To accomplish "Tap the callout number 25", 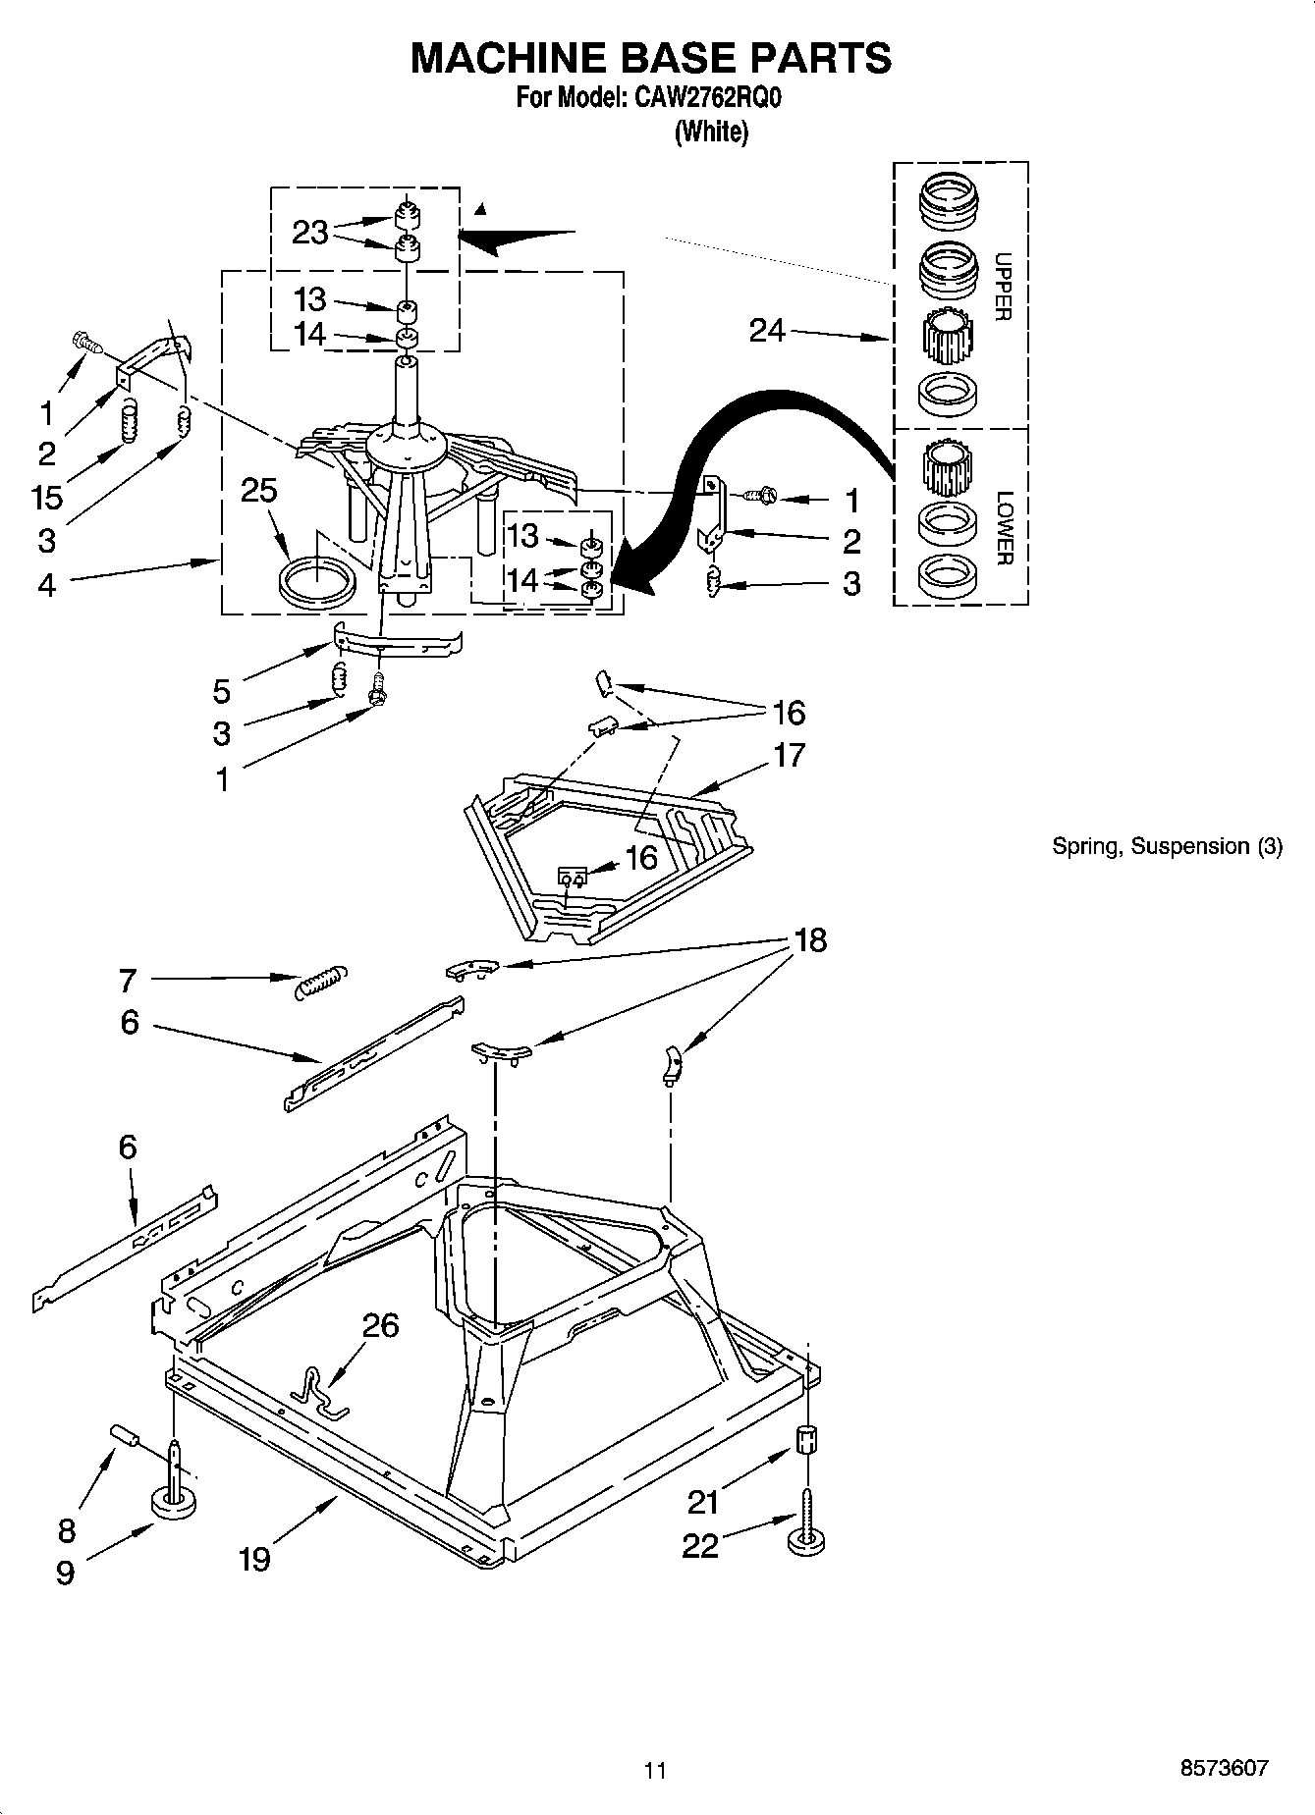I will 259,491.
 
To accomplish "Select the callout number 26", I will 380,1325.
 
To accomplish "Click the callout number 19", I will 254,1558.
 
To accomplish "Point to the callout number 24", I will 767,331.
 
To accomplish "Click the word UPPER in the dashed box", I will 1003,287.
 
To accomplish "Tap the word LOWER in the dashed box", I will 1003,528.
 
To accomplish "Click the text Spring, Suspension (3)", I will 1167,846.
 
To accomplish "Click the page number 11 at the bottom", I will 655,1770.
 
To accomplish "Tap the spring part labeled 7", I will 320,979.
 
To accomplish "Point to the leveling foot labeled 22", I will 806,1542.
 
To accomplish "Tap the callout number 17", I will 789,755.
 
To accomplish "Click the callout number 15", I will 47,497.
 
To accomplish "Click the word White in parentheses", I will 711,132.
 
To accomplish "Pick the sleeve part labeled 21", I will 806,1442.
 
